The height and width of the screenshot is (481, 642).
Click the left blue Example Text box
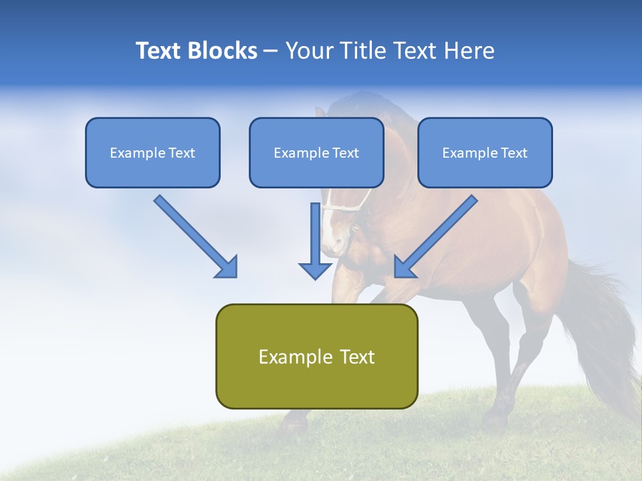pos(152,153)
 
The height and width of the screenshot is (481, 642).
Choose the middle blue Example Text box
pos(316,153)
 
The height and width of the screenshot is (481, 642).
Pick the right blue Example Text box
pos(485,153)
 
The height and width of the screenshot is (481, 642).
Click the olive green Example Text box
pos(316,357)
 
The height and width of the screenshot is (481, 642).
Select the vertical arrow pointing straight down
pos(315,240)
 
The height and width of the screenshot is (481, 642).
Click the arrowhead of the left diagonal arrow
pos(227,267)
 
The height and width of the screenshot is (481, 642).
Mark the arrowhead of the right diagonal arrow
pos(405,267)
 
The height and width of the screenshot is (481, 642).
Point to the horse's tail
pos(602,321)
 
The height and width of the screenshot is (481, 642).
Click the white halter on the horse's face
pos(348,208)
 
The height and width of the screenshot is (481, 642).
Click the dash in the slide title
pos(271,51)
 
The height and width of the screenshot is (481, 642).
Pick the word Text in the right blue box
pos(514,153)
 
